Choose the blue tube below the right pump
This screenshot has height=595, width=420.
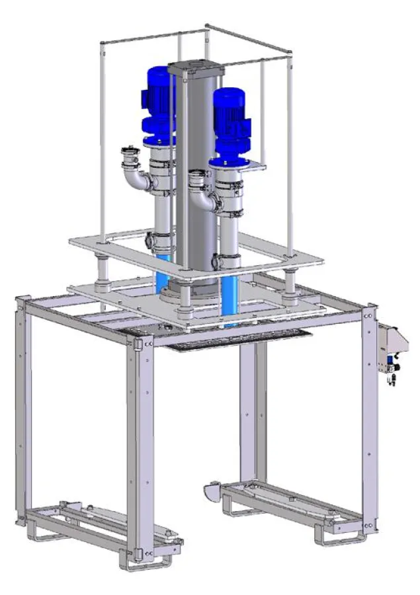pyautogui.click(x=230, y=291)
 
